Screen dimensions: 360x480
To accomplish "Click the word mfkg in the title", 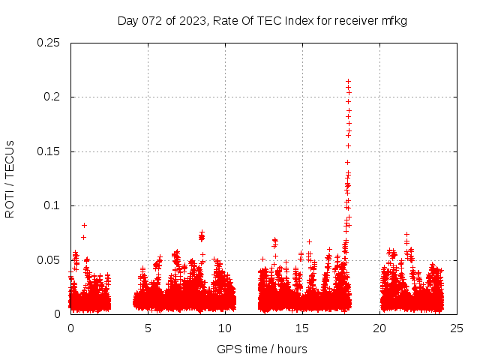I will tap(394, 21).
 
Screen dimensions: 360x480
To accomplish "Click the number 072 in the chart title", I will tap(151, 21).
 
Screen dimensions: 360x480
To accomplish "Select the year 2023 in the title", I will tap(190, 21).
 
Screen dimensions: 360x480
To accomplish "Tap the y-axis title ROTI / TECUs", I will tap(10, 179).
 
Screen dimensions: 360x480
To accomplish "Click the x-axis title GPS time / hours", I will tap(262, 349).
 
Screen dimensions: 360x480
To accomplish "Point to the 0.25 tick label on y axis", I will tap(49, 43).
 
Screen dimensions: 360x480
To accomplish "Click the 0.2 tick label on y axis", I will tap(52, 97).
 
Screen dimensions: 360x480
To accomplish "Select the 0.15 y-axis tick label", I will tap(49, 151).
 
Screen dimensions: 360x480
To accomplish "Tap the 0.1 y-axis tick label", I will tap(52, 205).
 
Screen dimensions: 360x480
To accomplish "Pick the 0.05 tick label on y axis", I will tap(49, 260).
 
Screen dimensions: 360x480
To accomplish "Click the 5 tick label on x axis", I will tap(148, 328).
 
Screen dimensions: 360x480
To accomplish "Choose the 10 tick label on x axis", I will tap(225, 328).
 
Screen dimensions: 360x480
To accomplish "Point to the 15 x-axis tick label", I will tap(302, 328).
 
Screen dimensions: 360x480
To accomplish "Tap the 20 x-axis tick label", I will tap(379, 328).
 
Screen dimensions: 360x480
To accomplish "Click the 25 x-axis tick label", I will tap(457, 328).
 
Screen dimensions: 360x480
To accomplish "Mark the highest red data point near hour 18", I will tap(348, 81).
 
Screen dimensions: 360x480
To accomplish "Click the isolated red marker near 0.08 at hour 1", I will tap(84, 225).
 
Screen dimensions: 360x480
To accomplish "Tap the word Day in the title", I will tap(128, 21).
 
